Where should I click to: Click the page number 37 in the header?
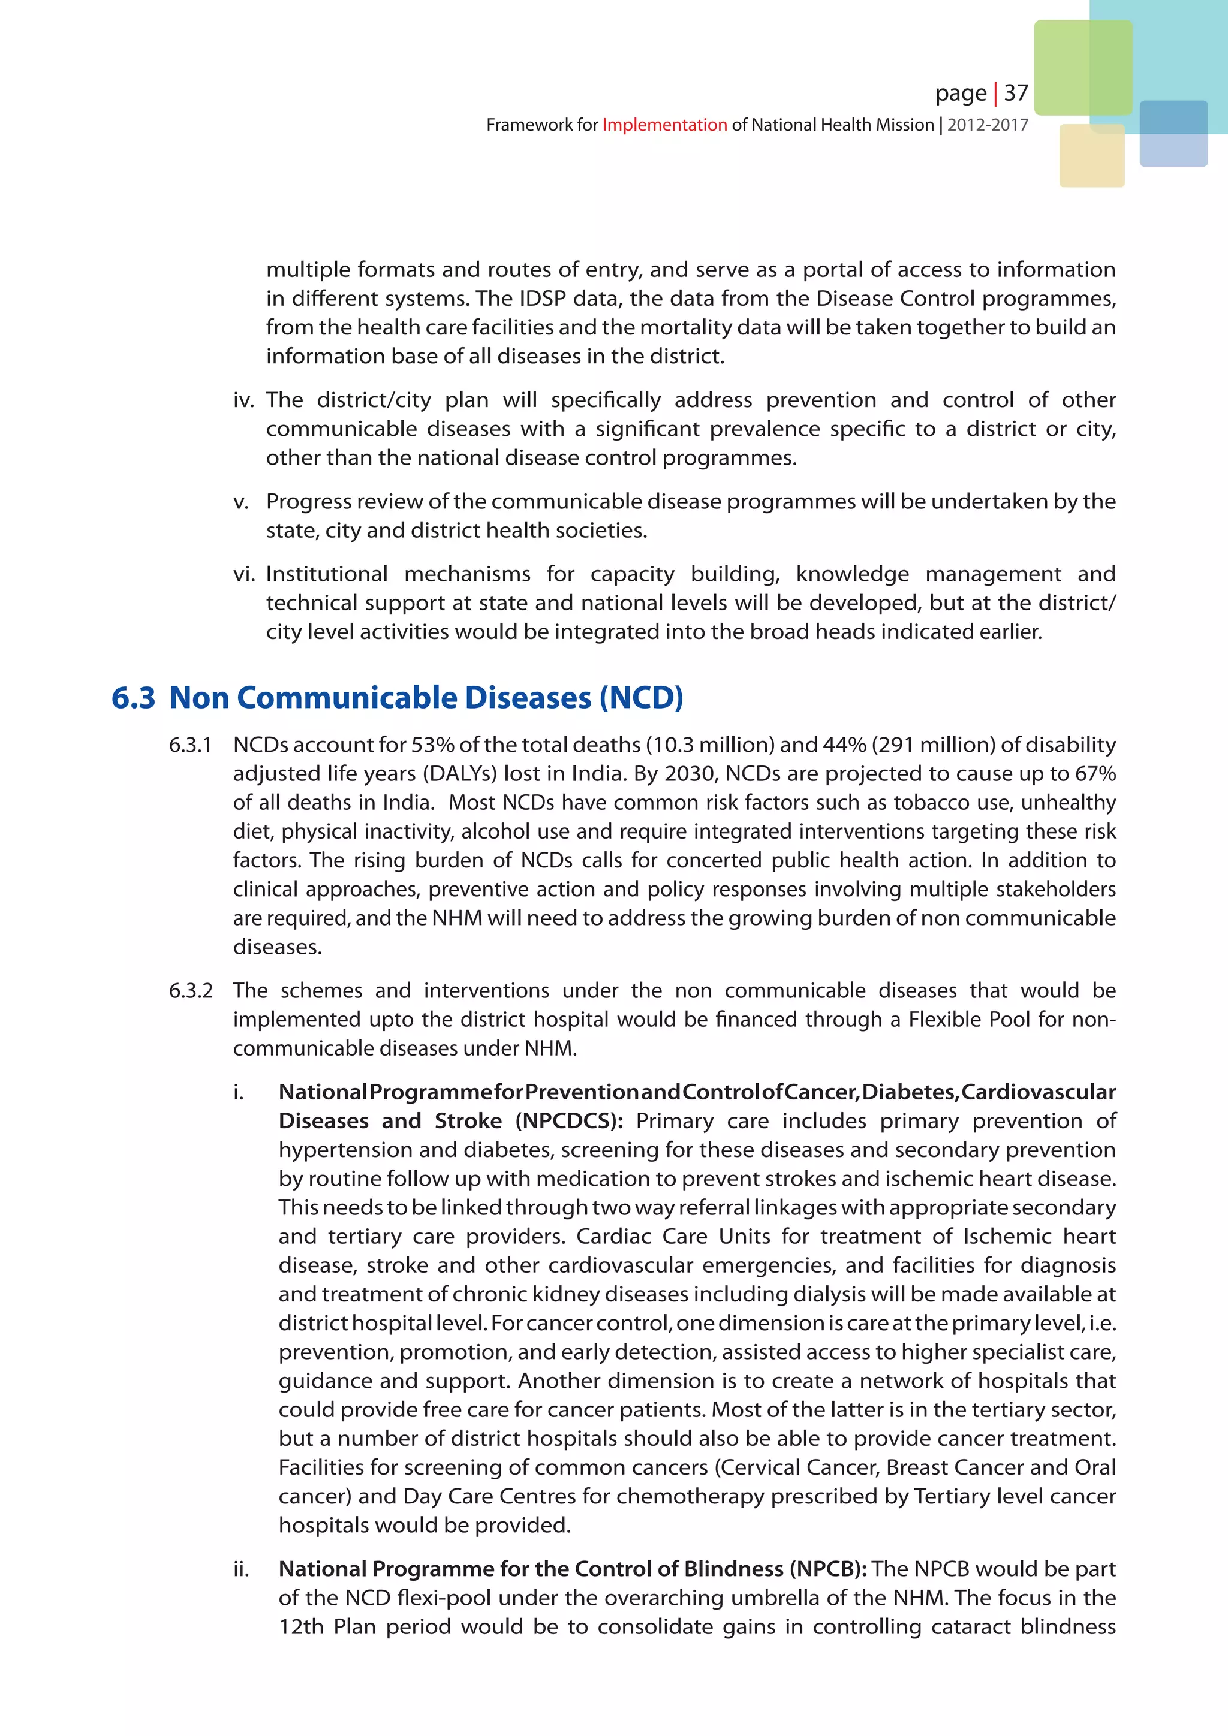(x=1016, y=92)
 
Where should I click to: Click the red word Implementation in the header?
(x=664, y=125)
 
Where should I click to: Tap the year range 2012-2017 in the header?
(x=988, y=125)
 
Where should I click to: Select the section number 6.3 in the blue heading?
(x=133, y=697)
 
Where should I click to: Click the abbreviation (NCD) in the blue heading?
(x=641, y=697)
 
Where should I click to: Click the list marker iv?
(x=243, y=400)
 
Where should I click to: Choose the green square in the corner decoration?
(x=1082, y=67)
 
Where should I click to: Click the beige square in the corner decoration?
(x=1091, y=156)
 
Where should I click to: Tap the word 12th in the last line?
(x=301, y=1626)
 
